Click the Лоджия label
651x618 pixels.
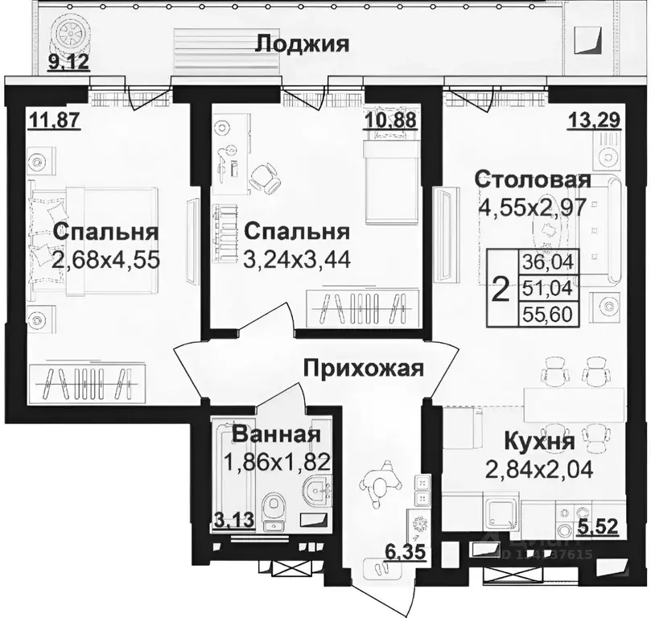click(302, 43)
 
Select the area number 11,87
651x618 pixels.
click(48, 121)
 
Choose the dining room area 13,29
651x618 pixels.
click(593, 121)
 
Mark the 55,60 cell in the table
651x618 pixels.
click(547, 314)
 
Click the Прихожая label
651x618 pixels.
click(363, 369)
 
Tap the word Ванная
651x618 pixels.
click(276, 435)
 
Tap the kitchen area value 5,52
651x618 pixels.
click(599, 529)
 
